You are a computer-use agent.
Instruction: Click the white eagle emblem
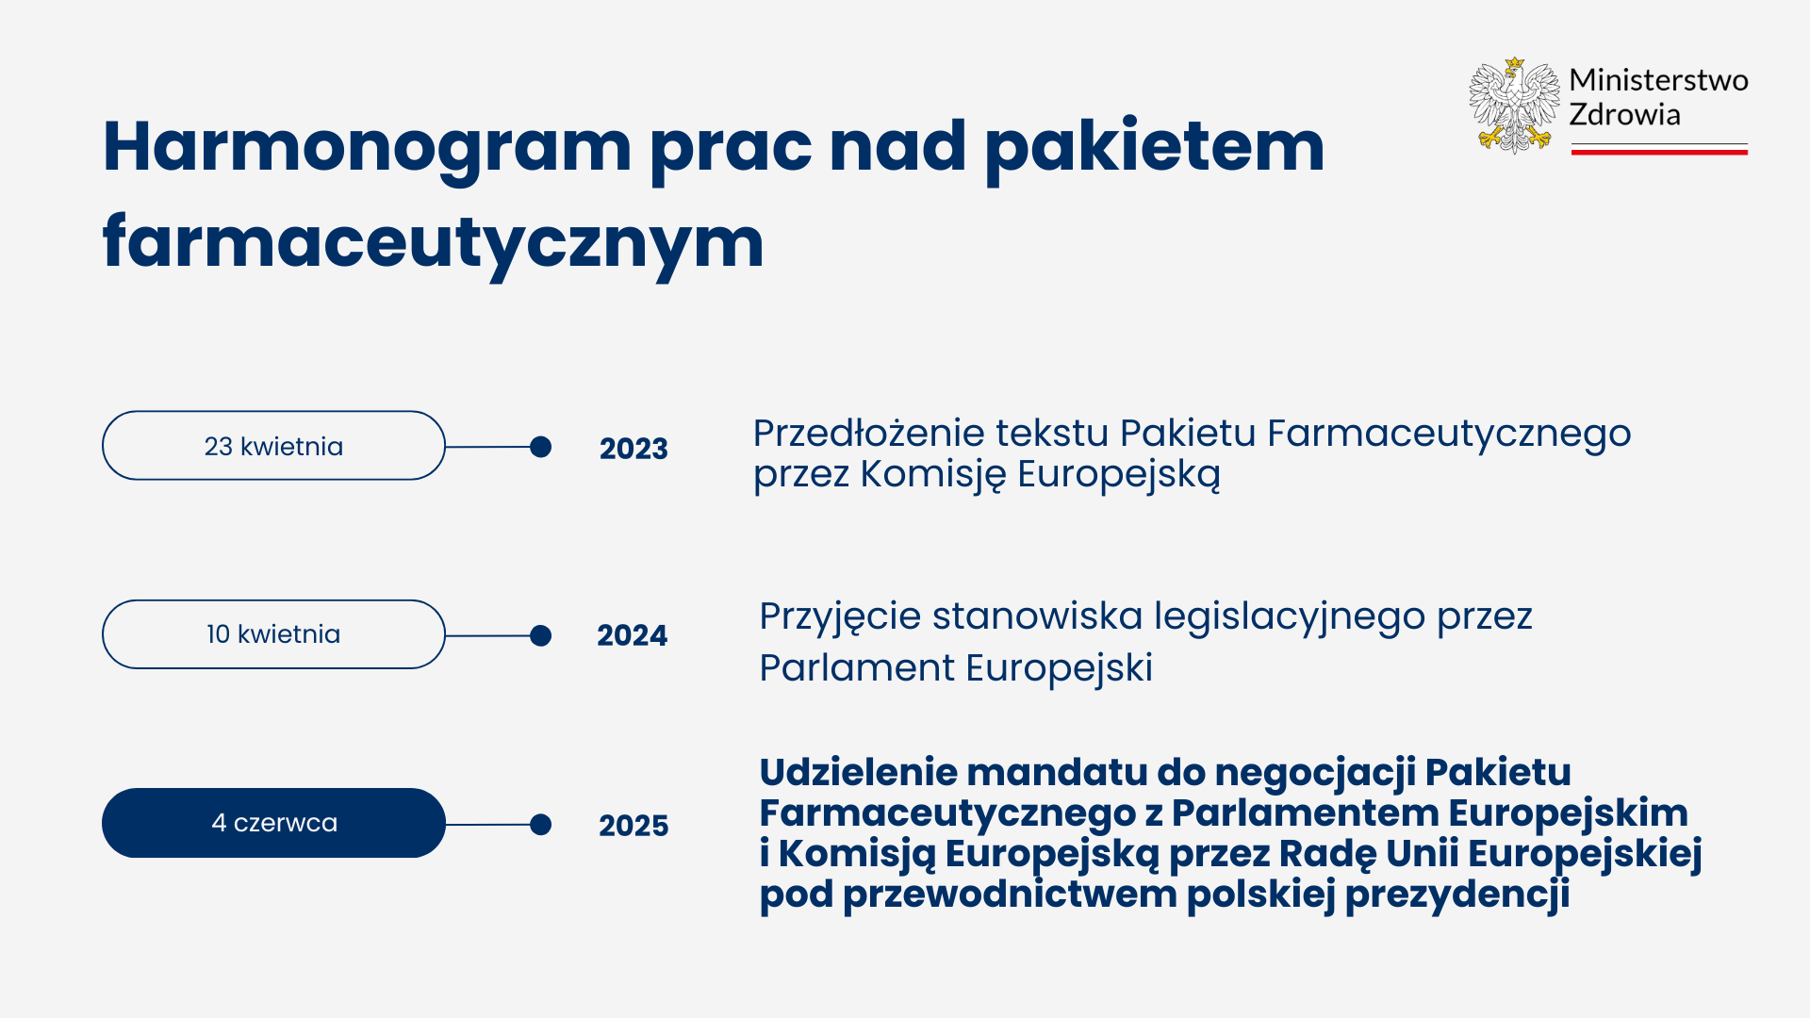(x=1514, y=105)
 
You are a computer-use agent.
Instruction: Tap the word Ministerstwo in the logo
(x=1658, y=80)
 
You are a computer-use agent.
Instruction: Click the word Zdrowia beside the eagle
(x=1624, y=115)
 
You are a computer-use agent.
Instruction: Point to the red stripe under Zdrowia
(x=1659, y=151)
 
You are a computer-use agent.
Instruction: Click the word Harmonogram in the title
(x=367, y=149)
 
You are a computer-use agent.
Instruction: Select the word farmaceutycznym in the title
(x=433, y=243)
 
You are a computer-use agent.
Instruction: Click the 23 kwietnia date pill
(x=273, y=446)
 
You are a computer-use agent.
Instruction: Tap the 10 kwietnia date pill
(x=273, y=634)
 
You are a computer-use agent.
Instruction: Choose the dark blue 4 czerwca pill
(x=273, y=823)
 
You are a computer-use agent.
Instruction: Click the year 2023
(x=633, y=449)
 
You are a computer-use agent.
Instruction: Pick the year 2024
(x=632, y=635)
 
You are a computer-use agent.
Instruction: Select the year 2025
(x=633, y=826)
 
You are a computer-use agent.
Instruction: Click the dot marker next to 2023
(x=540, y=447)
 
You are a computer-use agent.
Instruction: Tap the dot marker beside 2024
(x=540, y=636)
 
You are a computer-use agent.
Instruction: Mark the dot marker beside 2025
(x=540, y=825)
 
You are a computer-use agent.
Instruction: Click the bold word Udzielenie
(x=859, y=772)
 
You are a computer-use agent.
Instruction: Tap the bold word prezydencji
(x=1457, y=895)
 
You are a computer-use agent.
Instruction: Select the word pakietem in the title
(x=1155, y=149)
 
